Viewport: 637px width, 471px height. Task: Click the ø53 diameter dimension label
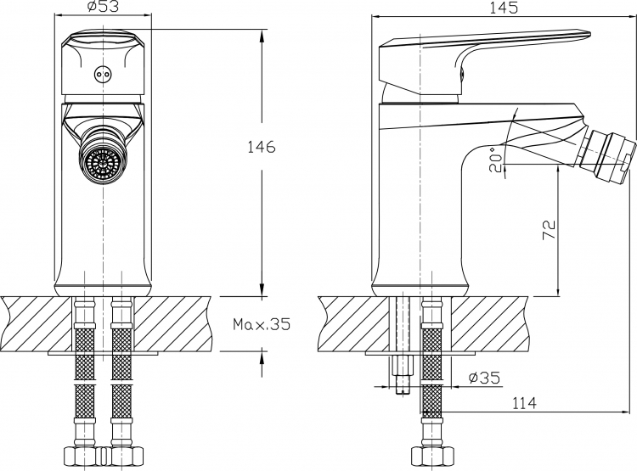[103, 7]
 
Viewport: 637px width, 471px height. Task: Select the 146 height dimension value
[262, 147]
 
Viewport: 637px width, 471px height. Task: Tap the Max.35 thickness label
[262, 324]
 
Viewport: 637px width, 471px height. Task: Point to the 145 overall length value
[504, 8]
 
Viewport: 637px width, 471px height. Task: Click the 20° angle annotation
[496, 160]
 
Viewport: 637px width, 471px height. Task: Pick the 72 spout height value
[550, 230]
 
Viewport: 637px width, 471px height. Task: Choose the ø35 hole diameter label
[485, 378]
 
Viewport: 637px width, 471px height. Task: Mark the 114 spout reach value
[524, 403]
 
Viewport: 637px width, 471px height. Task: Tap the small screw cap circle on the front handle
[102, 75]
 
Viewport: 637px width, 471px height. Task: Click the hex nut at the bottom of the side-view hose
[431, 456]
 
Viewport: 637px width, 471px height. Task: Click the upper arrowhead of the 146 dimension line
[262, 37]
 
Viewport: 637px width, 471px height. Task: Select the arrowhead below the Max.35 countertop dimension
[262, 358]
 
